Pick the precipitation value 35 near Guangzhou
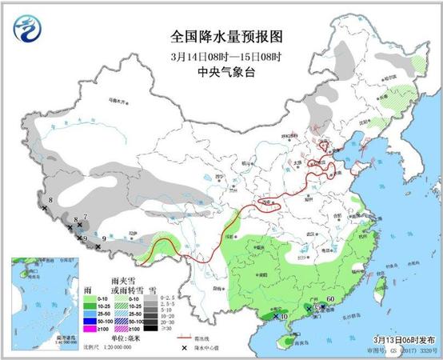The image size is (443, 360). click(317, 308)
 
